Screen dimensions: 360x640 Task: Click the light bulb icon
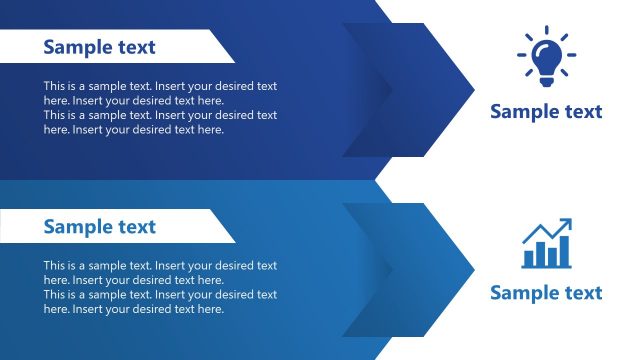546,57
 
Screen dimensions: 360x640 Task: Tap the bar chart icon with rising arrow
546,244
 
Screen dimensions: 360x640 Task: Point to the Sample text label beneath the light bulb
546,111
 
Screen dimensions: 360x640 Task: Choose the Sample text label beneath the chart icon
546,292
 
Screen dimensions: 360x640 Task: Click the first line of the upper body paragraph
160,86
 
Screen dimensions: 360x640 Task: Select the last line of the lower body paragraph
133,309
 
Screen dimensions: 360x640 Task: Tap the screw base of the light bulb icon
546,74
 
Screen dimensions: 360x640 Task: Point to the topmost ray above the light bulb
546,31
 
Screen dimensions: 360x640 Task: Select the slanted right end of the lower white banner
227,227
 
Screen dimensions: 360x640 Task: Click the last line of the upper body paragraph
133,129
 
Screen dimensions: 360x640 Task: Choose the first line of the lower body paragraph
160,266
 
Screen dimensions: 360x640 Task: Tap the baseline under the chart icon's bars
546,267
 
